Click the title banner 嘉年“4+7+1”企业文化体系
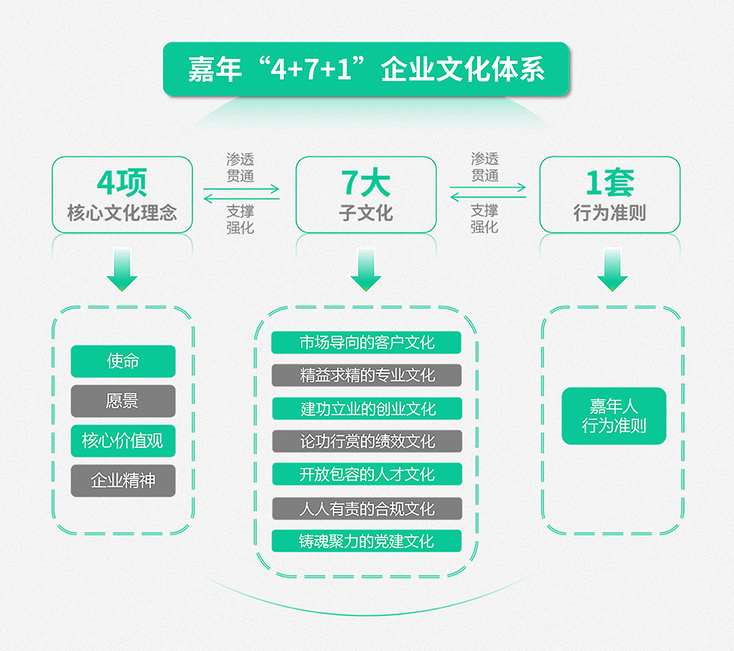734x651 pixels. pyautogui.click(x=366, y=69)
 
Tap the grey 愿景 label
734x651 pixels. pyautogui.click(x=123, y=401)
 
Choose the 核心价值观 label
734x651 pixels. pyautogui.click(x=123, y=441)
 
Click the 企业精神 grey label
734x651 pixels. pyautogui.click(x=123, y=480)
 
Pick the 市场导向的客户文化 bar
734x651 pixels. pyautogui.click(x=366, y=342)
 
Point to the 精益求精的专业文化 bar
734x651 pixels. pyautogui.click(x=366, y=375)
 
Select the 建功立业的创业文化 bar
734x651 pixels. pyautogui.click(x=367, y=408)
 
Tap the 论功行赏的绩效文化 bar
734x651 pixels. pyautogui.click(x=367, y=441)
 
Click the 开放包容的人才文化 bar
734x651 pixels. pyautogui.click(x=367, y=474)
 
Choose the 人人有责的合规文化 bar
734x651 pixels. pyautogui.click(x=367, y=508)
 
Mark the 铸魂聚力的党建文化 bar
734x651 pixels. pyautogui.click(x=366, y=541)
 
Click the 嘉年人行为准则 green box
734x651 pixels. pyautogui.click(x=614, y=416)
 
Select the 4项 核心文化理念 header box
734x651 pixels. pyautogui.click(x=122, y=195)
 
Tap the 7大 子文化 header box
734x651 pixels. pyautogui.click(x=366, y=195)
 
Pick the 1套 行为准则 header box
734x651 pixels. pyautogui.click(x=610, y=195)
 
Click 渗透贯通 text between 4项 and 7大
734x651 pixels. pyautogui.click(x=240, y=168)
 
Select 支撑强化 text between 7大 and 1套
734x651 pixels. pyautogui.click(x=485, y=219)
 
